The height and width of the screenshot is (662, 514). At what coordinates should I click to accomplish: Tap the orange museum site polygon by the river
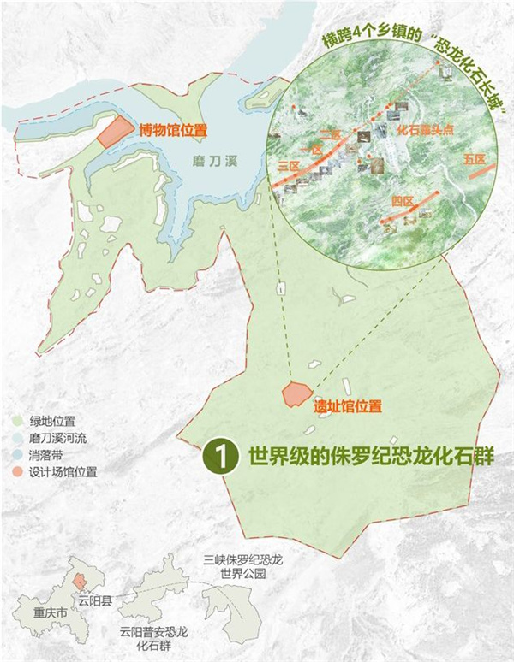(x=111, y=133)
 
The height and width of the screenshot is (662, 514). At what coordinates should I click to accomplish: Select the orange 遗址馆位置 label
(x=346, y=405)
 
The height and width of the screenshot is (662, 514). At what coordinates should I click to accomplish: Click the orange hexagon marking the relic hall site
(x=295, y=393)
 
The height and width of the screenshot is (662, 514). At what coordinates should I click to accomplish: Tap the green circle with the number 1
(x=220, y=455)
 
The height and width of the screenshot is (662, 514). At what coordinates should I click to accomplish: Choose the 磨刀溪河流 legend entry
(x=59, y=438)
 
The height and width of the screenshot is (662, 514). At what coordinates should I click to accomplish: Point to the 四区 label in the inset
(x=402, y=201)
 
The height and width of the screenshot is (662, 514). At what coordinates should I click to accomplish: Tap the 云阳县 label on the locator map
(x=95, y=600)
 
